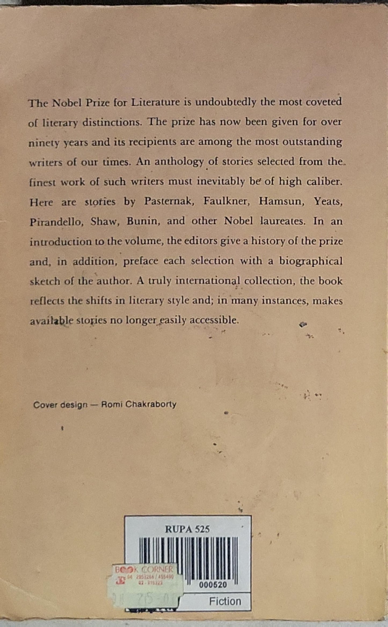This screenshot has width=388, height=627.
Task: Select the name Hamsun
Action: (x=281, y=201)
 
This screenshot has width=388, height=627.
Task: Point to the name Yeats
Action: (x=328, y=201)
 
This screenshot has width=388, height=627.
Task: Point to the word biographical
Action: (x=311, y=261)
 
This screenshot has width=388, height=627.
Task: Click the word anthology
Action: (x=179, y=162)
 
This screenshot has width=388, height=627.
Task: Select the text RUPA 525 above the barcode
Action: (x=187, y=529)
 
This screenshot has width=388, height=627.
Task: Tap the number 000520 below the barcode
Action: (x=213, y=585)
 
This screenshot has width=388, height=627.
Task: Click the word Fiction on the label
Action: (x=225, y=601)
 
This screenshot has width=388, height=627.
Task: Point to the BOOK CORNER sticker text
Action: (x=144, y=569)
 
